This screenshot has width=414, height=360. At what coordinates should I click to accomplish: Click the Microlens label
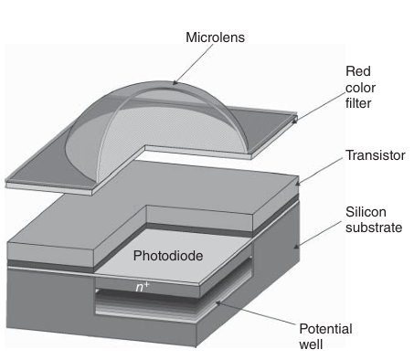pos(215,37)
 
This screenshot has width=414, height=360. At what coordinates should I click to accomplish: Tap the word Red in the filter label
pos(358,71)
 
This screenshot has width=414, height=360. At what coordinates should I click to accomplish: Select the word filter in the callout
pos(358,103)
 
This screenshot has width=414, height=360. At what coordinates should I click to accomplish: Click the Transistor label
pos(376,155)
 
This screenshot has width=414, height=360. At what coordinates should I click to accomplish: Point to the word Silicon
pos(366,212)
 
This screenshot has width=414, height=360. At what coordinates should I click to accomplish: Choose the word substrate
pos(374,228)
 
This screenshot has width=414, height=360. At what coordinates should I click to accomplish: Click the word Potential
pos(325,329)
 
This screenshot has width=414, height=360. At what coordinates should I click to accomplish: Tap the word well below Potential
pos(311,344)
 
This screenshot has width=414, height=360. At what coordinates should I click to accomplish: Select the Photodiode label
pos(168,256)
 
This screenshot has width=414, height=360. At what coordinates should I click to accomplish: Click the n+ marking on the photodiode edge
pos(143,287)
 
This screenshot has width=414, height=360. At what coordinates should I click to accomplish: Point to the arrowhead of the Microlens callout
pos(175,82)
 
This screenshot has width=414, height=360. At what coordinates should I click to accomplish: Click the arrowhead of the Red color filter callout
pos(294,121)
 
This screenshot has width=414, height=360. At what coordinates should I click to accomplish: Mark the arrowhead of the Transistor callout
pos(298,183)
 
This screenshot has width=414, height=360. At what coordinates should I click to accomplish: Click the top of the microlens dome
pos(162,81)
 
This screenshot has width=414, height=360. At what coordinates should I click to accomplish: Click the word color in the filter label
pos(360,88)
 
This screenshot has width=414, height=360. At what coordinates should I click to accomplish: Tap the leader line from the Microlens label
pos(193,63)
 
